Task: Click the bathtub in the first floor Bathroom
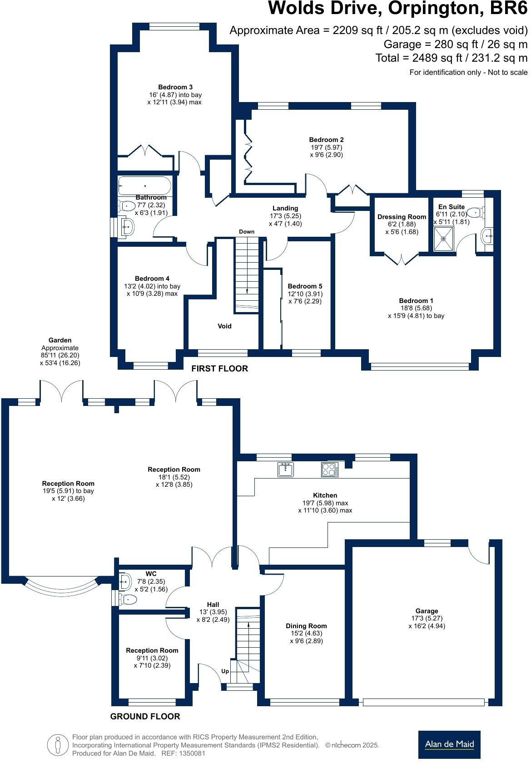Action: click(144, 186)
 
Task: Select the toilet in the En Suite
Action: click(476, 212)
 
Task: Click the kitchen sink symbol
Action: click(285, 469)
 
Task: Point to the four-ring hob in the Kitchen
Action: click(330, 469)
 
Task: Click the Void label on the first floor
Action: click(224, 326)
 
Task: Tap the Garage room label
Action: click(427, 611)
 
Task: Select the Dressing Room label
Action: click(402, 217)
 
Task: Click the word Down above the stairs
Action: click(247, 232)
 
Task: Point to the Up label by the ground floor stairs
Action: click(225, 671)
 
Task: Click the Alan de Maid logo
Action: click(449, 744)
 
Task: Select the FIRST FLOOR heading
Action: click(219, 369)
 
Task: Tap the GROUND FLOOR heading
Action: click(145, 717)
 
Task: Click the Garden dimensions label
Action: click(60, 352)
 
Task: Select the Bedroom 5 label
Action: click(305, 286)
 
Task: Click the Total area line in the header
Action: click(451, 58)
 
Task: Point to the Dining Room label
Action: click(306, 626)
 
